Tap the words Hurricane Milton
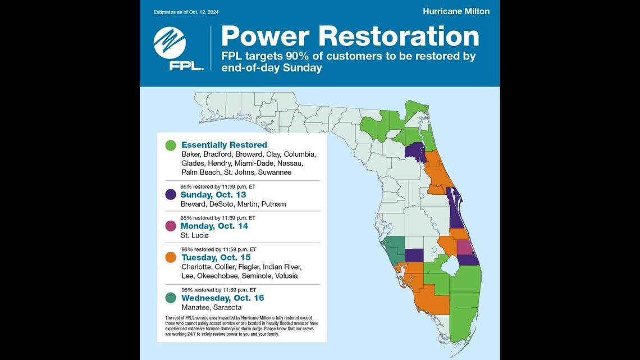[x=456, y=11]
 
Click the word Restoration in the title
[x=398, y=36]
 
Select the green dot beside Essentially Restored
[x=171, y=145]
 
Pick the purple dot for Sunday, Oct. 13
[x=171, y=194]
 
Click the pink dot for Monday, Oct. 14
[x=171, y=226]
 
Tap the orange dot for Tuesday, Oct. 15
[x=171, y=257]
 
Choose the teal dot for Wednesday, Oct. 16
[x=171, y=298]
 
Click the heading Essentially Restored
[x=224, y=145]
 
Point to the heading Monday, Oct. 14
[x=214, y=226]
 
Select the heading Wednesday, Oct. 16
[x=222, y=298]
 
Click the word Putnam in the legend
[x=273, y=204]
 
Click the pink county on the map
[x=464, y=246]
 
